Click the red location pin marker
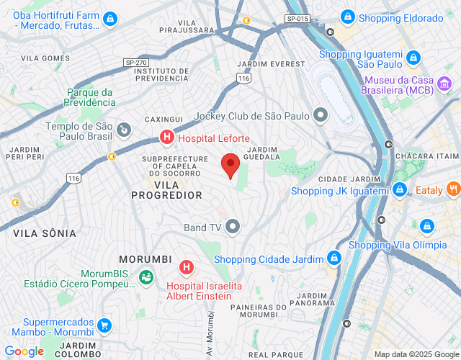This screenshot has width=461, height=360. tap(230, 166)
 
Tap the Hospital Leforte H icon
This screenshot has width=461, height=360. tap(166, 137)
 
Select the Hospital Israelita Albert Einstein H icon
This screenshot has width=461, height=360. tap(187, 268)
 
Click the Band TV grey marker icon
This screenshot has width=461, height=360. tap(233, 228)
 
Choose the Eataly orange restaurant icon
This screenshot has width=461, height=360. tap(453, 190)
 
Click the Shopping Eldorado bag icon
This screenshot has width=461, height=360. tap(347, 17)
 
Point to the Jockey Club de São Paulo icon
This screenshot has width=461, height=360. tap(321, 115)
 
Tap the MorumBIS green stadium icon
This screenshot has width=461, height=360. tap(146, 275)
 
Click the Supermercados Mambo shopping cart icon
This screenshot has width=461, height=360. tap(104, 326)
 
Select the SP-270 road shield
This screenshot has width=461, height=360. tap(135, 63)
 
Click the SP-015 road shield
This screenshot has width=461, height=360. tap(296, 18)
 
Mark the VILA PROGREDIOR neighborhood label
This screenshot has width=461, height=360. tap(166, 190)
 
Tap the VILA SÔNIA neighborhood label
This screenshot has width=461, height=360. tap(45, 233)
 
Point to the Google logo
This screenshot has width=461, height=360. tap(24, 351)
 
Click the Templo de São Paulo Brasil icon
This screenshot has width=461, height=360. tap(125, 130)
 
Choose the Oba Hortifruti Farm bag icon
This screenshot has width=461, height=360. tap(110, 19)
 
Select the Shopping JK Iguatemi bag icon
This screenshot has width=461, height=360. tap(398, 190)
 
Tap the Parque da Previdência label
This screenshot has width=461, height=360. tap(89, 97)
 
